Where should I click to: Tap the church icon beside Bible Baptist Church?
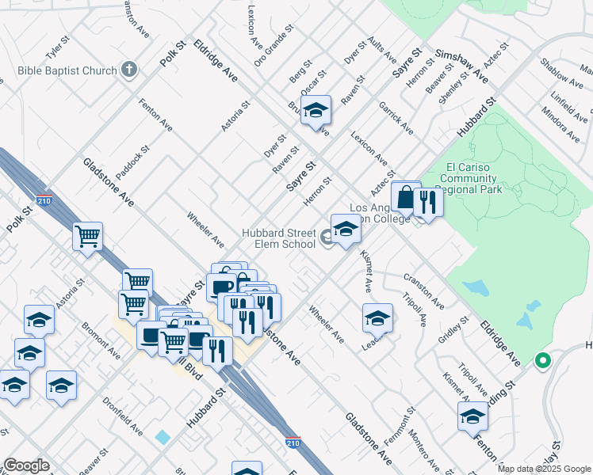[x=129, y=70]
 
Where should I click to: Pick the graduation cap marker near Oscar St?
[x=316, y=112]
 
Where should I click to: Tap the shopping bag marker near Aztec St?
[x=405, y=197]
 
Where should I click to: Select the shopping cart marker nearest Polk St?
[x=87, y=236]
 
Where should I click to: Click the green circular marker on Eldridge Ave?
[x=542, y=361]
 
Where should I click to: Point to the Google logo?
[x=26, y=465]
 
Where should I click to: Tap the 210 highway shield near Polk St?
[x=44, y=199]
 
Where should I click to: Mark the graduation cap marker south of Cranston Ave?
[x=378, y=318]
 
